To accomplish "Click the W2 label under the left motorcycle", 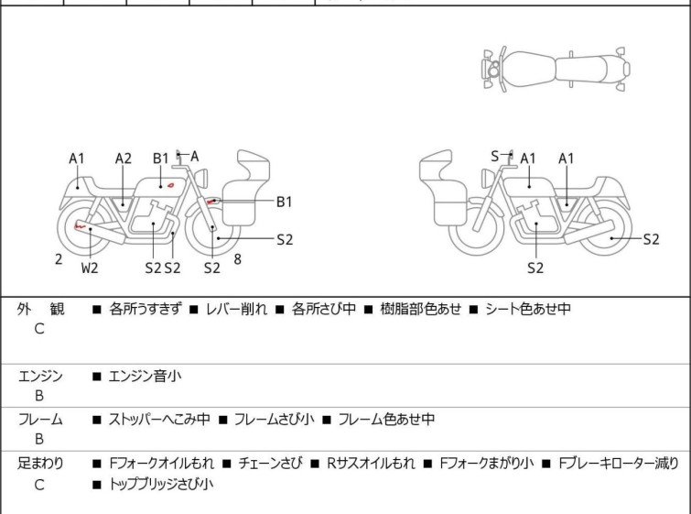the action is pos(90,268).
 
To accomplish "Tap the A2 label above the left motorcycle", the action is pos(124,159).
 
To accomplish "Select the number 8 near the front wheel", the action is pos(238,259).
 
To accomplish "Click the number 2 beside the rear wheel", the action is pos(59,259).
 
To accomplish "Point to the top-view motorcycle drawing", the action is pos(556,69).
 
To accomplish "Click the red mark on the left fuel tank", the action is pos(170,185).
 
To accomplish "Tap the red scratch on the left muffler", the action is pos(80,226).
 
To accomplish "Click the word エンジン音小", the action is pos(145,376).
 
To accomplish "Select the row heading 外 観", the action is pos(40,309).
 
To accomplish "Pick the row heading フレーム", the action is pos(40,419).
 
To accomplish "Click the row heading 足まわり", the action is pos(40,464).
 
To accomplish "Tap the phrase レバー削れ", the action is pos(237,309).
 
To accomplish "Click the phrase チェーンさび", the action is pos(271,464).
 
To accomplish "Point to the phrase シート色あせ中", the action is pos(528,309).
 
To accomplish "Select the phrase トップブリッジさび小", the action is pos(161,485).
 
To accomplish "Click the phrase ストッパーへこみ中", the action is pos(159,419).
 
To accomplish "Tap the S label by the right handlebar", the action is pos(495,156).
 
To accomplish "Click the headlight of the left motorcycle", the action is pos(201,178).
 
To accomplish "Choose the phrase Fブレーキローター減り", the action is pos(619,464).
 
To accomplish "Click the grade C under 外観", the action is pos(39,329).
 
